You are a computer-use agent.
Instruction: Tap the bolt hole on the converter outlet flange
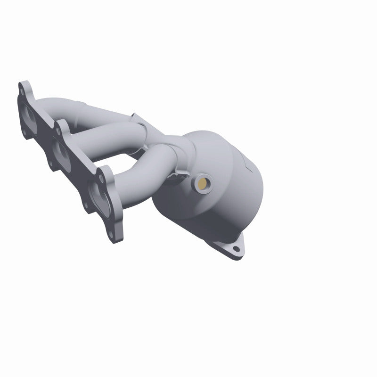tap(236, 248)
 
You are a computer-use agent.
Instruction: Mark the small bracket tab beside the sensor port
tap(178, 175)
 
